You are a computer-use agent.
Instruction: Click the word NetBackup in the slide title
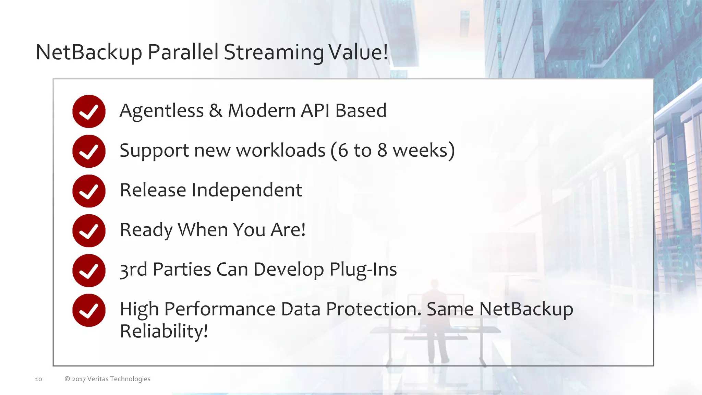coord(88,52)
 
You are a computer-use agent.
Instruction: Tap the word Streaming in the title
coord(274,52)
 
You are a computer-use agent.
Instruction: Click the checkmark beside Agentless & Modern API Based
coord(89,111)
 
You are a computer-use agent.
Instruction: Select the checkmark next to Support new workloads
coord(89,151)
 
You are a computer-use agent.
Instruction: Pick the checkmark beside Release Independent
coord(89,191)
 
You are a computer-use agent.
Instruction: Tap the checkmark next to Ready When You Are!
coord(89,231)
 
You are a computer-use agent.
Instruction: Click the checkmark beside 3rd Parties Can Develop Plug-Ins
coord(89,271)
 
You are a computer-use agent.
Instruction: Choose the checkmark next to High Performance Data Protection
coord(89,310)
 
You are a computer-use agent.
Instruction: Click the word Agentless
coord(161,111)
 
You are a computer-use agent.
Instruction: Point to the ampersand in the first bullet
coord(216,111)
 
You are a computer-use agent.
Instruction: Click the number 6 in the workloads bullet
coord(343,151)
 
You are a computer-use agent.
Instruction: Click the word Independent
coord(247,190)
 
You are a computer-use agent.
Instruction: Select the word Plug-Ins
coord(363,270)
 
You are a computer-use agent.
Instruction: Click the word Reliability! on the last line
coord(164,331)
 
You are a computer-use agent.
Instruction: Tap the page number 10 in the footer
coord(38,379)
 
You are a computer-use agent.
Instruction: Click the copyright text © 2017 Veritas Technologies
coord(107,379)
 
